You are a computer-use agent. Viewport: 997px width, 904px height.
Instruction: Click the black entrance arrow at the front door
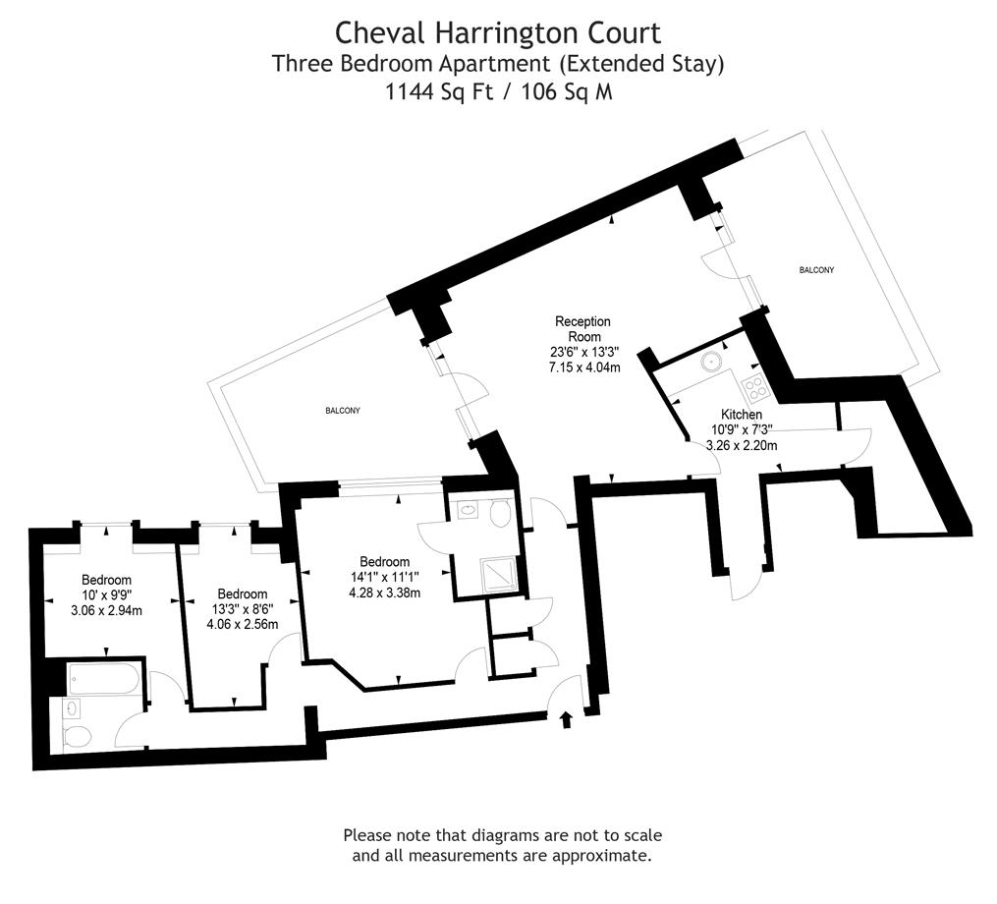[x=565, y=721]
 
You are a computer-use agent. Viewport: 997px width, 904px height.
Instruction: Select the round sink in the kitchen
[x=710, y=362]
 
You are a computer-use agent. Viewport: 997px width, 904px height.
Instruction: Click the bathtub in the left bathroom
[x=105, y=678]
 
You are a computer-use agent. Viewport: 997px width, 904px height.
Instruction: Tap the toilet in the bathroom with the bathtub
[x=77, y=736]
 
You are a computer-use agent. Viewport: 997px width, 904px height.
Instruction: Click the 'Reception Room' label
[x=582, y=329]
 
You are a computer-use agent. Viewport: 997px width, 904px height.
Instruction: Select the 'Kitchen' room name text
[x=742, y=415]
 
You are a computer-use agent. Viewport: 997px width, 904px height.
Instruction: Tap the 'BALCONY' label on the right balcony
[x=816, y=270]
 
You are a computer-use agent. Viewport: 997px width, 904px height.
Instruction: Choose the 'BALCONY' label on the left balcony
[x=343, y=411]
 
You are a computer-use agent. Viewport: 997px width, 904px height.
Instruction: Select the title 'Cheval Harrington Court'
[x=498, y=32]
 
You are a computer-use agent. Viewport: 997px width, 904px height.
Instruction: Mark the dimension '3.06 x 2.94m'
[x=106, y=610]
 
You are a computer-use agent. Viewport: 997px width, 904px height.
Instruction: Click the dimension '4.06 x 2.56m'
[x=242, y=624]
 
